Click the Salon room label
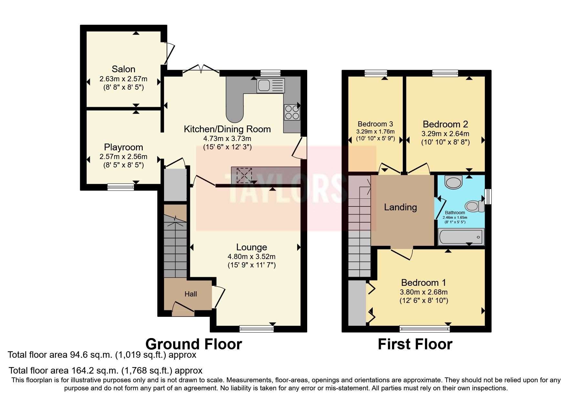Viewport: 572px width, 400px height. (123, 69)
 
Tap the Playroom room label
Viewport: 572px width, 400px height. (123, 147)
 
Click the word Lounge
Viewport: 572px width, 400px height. (252, 247)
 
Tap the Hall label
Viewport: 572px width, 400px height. (191, 294)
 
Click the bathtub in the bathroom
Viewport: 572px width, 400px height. (461, 237)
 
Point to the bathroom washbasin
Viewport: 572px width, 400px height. (453, 182)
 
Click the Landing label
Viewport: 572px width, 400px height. (400, 207)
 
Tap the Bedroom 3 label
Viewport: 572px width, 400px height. (375, 124)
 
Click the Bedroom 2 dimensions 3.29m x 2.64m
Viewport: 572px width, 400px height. (445, 134)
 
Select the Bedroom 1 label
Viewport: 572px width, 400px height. (423, 283)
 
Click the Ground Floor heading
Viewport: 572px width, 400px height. (193, 344)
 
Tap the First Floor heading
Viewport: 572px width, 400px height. (415, 344)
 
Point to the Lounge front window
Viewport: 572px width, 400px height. (256, 329)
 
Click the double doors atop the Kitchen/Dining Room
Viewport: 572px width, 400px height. (201, 69)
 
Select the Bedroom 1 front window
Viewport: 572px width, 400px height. (424, 329)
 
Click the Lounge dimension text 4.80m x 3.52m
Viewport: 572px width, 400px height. (252, 257)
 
